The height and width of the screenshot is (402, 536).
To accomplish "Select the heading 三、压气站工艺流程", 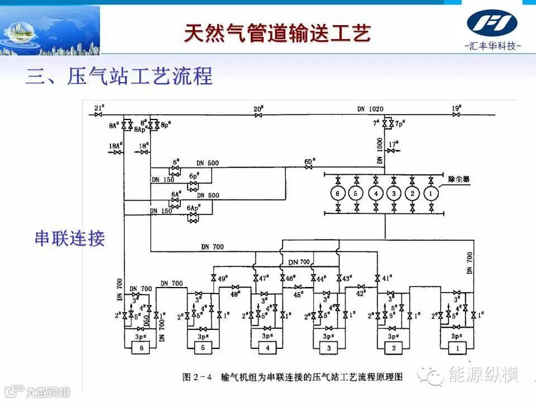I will [x=119, y=76].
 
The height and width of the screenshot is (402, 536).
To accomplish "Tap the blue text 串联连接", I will [x=70, y=238].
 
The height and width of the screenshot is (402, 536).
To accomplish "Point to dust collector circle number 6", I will [x=338, y=194].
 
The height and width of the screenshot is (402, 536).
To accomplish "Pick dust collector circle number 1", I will [x=430, y=194].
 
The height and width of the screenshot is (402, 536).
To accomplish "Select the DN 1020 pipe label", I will [x=370, y=109].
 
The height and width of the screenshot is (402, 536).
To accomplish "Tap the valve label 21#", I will [x=99, y=108].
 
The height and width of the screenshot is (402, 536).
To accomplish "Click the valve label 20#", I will [x=258, y=108].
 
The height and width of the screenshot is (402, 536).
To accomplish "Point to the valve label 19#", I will [x=456, y=108].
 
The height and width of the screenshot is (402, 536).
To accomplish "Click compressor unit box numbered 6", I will [x=141, y=348].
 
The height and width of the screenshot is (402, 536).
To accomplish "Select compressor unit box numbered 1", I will [x=458, y=348].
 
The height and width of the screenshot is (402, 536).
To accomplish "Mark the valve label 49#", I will [x=222, y=277].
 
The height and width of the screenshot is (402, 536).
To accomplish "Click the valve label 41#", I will [x=386, y=277].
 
